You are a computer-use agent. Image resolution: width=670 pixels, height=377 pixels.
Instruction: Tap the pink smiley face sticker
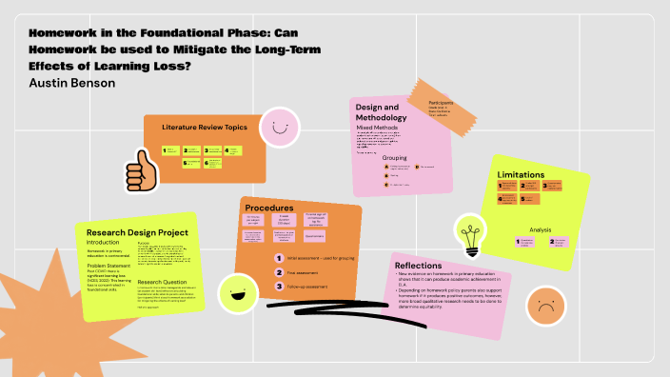pos(277,128)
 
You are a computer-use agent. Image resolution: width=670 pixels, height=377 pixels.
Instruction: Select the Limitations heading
pos(521,174)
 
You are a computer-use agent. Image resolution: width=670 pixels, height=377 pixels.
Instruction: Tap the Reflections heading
pos(419,266)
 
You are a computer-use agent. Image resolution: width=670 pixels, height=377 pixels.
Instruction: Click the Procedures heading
pos(268,208)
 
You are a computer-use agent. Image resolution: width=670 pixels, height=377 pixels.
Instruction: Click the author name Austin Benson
pos(72,83)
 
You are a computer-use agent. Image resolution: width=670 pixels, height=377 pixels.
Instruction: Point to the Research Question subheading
pos(164,282)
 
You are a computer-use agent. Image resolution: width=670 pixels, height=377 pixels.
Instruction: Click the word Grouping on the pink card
pos(395,157)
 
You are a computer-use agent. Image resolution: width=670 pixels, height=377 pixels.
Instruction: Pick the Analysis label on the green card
pos(542,228)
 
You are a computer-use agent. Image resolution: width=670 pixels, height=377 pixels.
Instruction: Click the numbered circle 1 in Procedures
pos(279,257)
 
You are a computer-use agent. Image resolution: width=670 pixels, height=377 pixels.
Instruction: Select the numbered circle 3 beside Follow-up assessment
pos(279,287)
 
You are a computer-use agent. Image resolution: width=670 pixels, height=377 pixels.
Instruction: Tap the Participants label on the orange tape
pos(443,102)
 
